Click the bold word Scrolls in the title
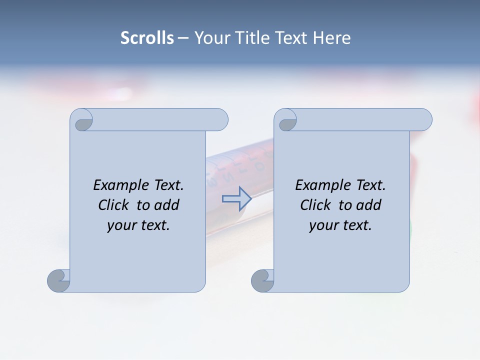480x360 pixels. (x=147, y=38)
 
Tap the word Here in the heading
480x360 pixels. (x=331, y=38)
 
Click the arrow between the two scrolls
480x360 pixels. (x=236, y=198)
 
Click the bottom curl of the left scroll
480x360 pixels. (x=58, y=280)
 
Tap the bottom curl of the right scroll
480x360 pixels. (x=262, y=280)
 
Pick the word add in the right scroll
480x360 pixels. (x=368, y=205)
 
